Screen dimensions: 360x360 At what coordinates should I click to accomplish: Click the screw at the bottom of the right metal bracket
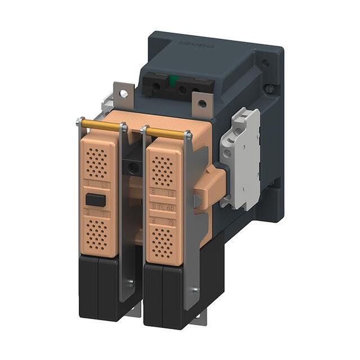click(x=195, y=290)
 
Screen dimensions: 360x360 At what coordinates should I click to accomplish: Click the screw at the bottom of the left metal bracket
click(x=130, y=283)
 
